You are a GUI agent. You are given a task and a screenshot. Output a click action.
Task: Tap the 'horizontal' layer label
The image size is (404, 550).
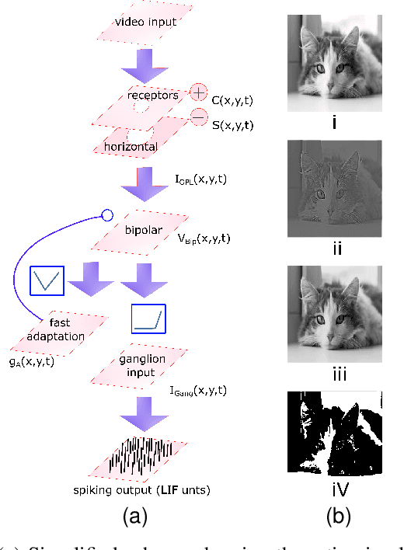coord(131,146)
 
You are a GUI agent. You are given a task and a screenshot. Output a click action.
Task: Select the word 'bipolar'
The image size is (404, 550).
coord(141,231)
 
